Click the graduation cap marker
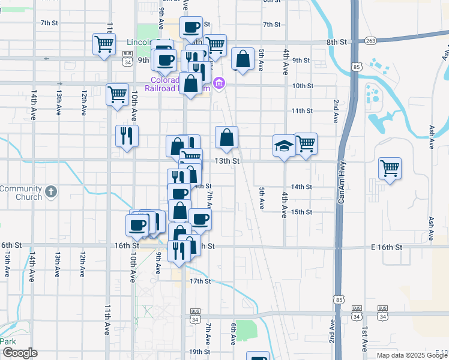[284, 145]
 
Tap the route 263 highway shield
[370, 41]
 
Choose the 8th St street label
[337, 42]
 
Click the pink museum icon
[219, 83]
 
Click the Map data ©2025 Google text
[412, 355]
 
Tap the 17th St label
[200, 281]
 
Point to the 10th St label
[303, 86]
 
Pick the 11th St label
[302, 111]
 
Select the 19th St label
[199, 352]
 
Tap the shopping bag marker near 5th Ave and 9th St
[243, 59]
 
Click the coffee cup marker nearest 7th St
[191, 27]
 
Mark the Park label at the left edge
[8, 341]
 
